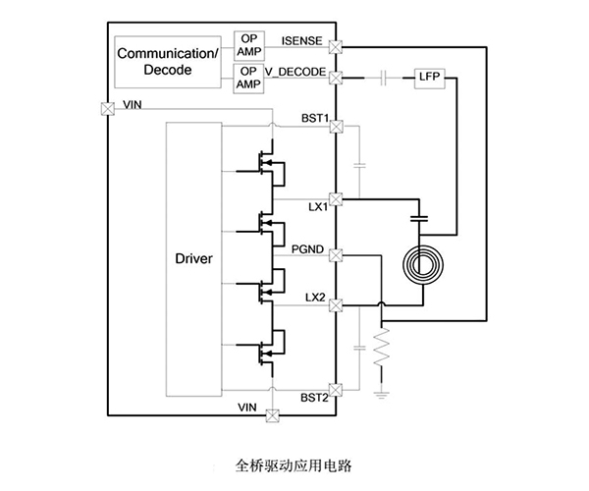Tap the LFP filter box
point(430,77)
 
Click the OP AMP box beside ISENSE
point(246,45)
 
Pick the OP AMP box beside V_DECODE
point(246,78)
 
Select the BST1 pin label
point(315,119)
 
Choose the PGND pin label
point(311,249)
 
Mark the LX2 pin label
point(315,296)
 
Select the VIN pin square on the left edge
point(105,109)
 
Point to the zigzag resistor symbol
point(381,350)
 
